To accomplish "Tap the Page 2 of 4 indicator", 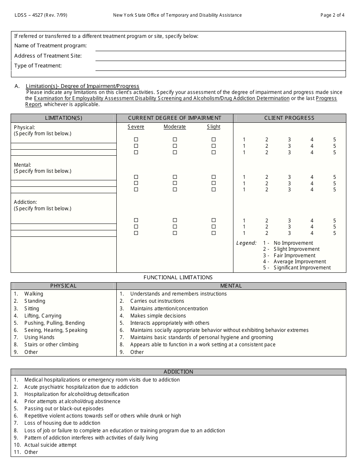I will (x=332, y=15).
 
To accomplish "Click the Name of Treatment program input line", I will (x=220, y=46).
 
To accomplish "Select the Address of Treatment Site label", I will (x=48, y=56).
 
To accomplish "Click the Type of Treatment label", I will (x=38, y=66).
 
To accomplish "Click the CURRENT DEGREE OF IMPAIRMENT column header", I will (x=175, y=118).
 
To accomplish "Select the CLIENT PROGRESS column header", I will (x=289, y=118).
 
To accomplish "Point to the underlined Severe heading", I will (x=136, y=127).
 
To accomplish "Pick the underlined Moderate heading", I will (x=175, y=127).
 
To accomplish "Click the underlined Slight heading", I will (x=213, y=127).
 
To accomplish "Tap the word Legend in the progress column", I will (x=246, y=243).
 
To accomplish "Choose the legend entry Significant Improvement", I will (x=302, y=267).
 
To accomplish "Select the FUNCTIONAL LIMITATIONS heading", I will (x=178, y=277).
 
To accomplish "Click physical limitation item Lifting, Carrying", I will (x=43, y=316).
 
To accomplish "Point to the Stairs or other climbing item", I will (x=51, y=344).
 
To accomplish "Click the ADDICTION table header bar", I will (x=178, y=372).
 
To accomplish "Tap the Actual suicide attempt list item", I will (x=50, y=445).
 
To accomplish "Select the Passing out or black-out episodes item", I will (x=64, y=408).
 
